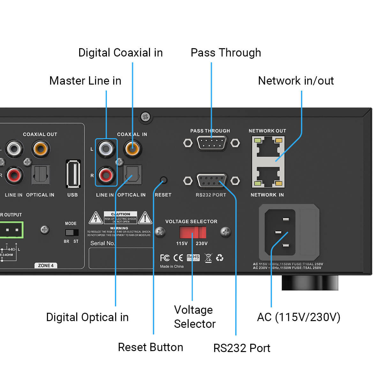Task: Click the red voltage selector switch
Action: click(x=193, y=232)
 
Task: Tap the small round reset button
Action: click(x=163, y=180)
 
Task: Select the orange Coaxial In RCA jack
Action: click(x=132, y=148)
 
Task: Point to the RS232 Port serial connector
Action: click(x=211, y=181)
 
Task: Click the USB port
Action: click(x=73, y=174)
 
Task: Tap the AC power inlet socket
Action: click(x=280, y=232)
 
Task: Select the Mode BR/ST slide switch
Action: click(x=71, y=232)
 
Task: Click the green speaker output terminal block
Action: click(x=11, y=230)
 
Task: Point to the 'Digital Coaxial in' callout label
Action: click(x=120, y=53)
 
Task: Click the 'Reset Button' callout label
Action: click(x=150, y=347)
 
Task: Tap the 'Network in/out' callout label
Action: click(x=296, y=81)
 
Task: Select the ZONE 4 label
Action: click(x=46, y=266)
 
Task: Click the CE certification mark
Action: click(x=178, y=258)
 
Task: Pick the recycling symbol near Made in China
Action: click(x=220, y=258)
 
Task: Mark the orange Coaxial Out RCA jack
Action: click(x=41, y=148)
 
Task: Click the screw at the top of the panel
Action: click(x=146, y=117)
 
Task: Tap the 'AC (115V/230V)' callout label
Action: click(x=298, y=317)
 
